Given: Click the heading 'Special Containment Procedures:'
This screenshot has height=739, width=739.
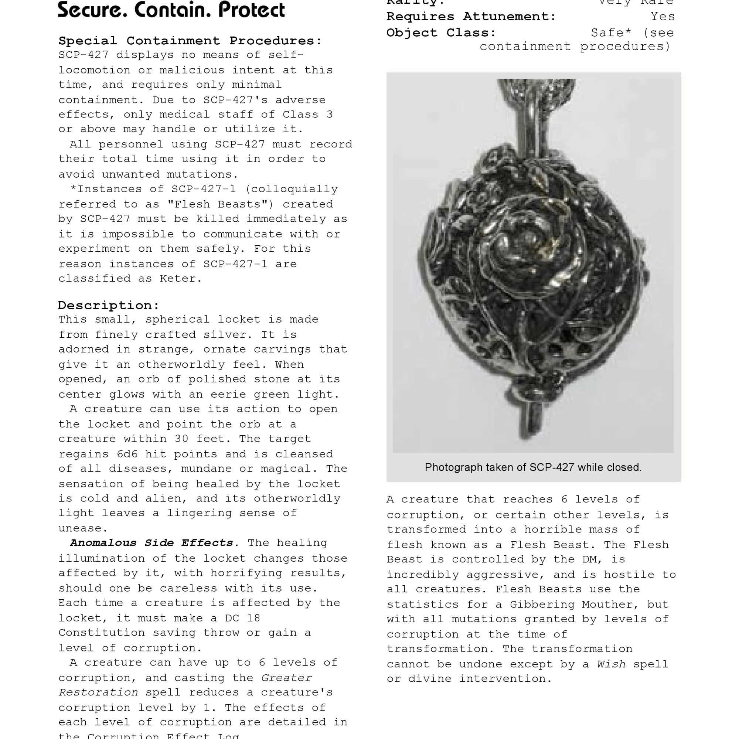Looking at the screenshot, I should pyautogui.click(x=190, y=41).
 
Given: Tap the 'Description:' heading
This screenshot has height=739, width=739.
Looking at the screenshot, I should pyautogui.click(x=109, y=305).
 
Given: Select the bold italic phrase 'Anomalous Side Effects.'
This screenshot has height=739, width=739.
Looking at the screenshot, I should pyautogui.click(x=154, y=543).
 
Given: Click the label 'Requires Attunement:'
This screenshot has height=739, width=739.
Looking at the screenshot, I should pyautogui.click(x=471, y=17).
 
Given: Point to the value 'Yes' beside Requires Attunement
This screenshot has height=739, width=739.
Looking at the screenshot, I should pyautogui.click(x=663, y=17).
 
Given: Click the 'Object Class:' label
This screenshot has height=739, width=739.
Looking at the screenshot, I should pyautogui.click(x=441, y=33).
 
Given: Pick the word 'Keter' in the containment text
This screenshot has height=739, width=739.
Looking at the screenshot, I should pyautogui.click(x=180, y=279).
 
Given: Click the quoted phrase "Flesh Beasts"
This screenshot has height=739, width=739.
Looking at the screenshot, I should pyautogui.click(x=220, y=204).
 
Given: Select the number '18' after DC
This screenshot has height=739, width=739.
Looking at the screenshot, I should pyautogui.click(x=253, y=618).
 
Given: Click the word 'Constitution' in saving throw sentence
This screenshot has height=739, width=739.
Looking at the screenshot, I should pyautogui.click(x=101, y=633).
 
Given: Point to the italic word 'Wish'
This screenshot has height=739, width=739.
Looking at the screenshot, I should pyautogui.click(x=611, y=664).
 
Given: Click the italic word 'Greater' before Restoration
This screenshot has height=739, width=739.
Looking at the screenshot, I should pyautogui.click(x=286, y=678).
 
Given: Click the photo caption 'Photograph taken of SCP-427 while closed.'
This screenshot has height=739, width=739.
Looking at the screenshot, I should pyautogui.click(x=533, y=467).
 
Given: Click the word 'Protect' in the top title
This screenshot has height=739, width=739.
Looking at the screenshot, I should pyautogui.click(x=251, y=10).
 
